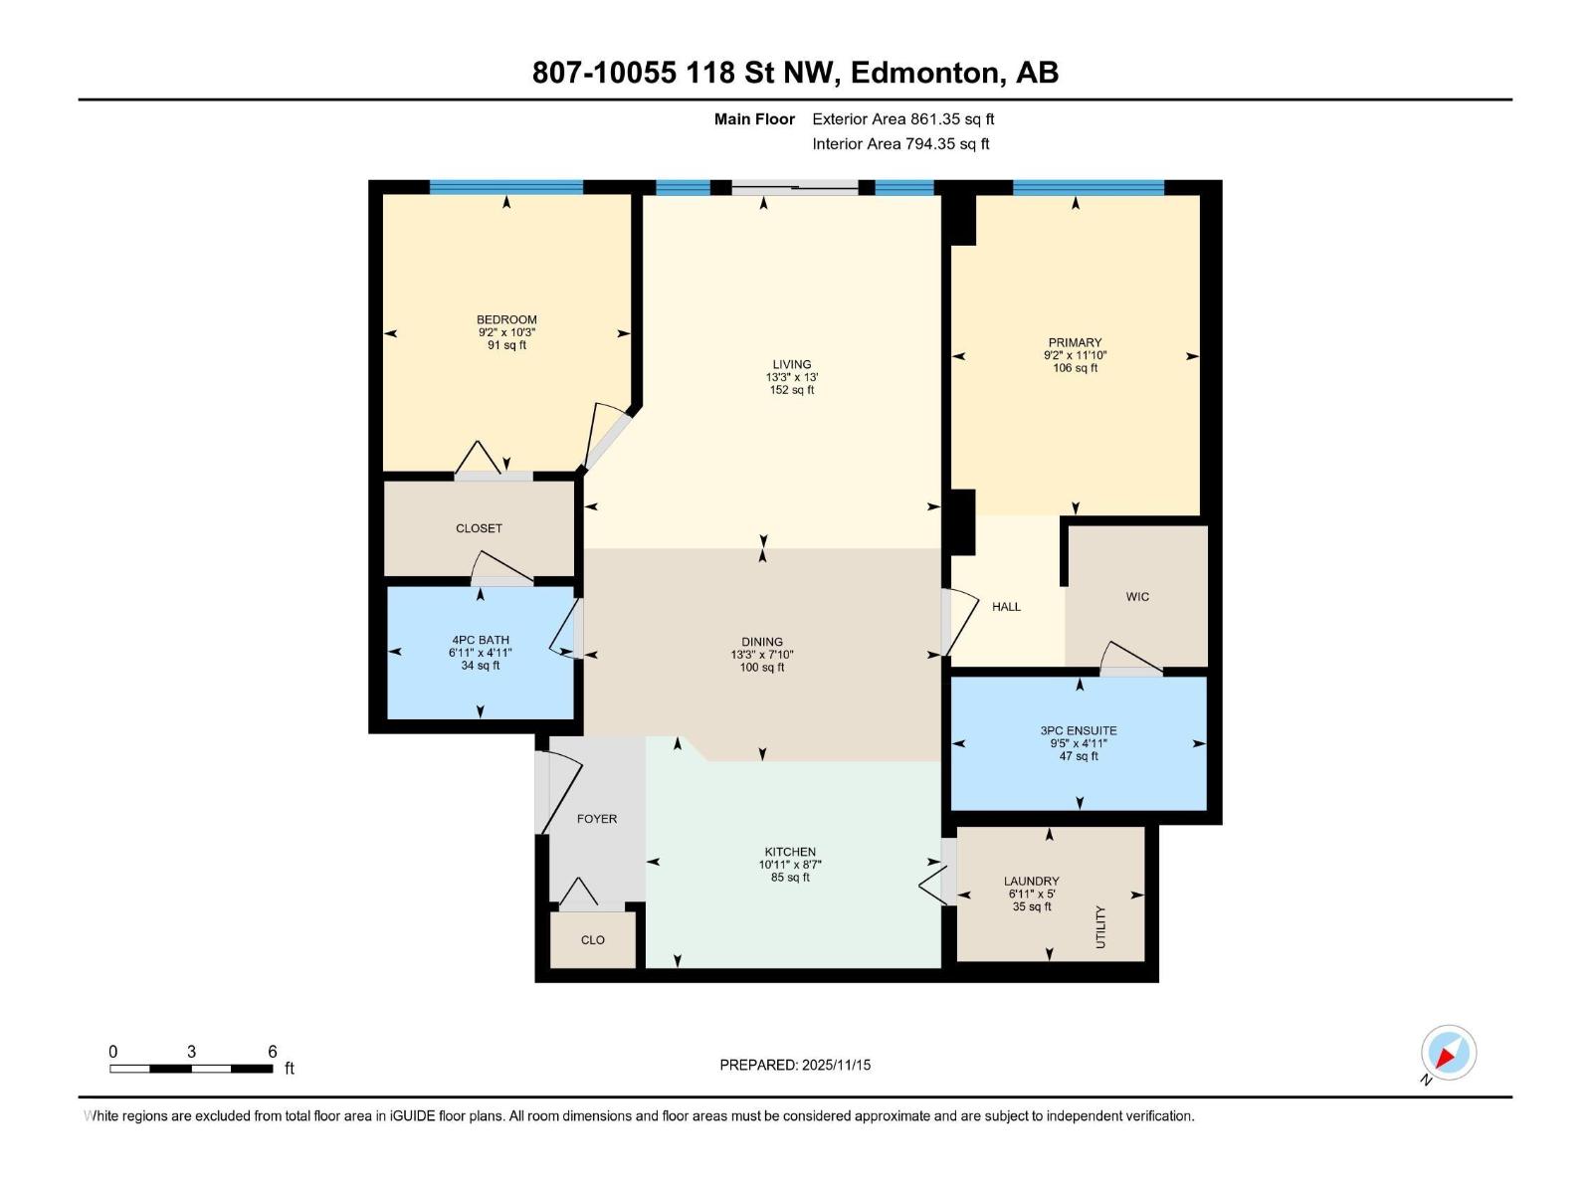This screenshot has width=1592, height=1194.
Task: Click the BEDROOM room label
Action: (506, 319)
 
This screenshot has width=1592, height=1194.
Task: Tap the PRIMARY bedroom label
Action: (1075, 342)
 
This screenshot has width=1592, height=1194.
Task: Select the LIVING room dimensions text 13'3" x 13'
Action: (792, 377)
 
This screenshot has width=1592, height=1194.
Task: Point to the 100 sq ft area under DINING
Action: (762, 668)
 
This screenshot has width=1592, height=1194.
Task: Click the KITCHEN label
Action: (790, 852)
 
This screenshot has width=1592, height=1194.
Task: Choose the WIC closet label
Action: (1137, 597)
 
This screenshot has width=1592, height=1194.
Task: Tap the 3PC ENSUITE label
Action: (1079, 730)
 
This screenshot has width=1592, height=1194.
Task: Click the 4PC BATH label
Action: (481, 640)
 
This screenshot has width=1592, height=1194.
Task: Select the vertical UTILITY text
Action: (1100, 926)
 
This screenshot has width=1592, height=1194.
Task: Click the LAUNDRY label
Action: (1031, 881)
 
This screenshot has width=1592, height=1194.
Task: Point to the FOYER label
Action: (597, 819)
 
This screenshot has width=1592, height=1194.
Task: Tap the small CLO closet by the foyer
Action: (593, 940)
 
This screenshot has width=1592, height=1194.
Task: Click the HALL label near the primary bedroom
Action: (1006, 607)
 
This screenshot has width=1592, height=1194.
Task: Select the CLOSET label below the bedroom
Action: (479, 528)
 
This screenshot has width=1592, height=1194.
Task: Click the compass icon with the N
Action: (1448, 1053)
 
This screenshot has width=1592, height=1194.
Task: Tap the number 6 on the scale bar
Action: (273, 1052)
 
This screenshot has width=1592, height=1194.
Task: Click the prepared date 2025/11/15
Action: (836, 1065)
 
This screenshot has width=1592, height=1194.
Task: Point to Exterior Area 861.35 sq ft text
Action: (902, 119)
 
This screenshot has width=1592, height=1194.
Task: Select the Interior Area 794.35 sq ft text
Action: (900, 144)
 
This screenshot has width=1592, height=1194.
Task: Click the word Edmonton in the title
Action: (923, 73)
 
